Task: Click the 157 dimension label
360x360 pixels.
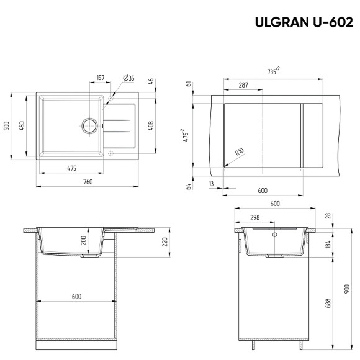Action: (101, 78)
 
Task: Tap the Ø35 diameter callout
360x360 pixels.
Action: (128, 78)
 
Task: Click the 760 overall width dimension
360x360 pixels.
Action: (88, 181)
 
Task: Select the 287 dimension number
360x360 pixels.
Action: (243, 84)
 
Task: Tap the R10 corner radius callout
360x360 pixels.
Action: (238, 152)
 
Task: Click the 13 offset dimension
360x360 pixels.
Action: (212, 183)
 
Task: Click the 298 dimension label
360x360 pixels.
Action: (254, 218)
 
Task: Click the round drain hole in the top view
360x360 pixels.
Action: (89, 125)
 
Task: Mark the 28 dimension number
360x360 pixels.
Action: (329, 215)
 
